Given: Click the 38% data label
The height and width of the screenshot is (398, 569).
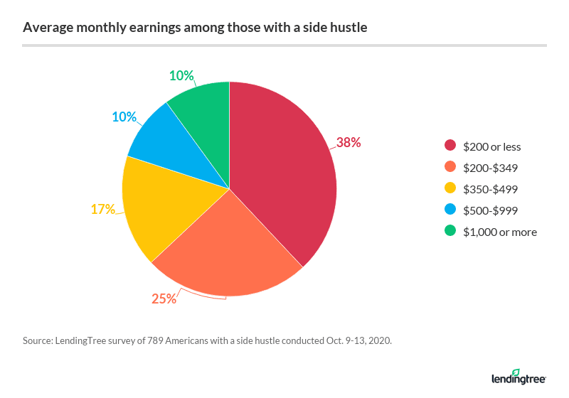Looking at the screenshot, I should (x=349, y=142).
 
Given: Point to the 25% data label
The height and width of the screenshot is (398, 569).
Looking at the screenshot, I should (x=164, y=298).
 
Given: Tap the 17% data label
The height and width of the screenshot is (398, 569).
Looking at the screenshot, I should (x=102, y=209).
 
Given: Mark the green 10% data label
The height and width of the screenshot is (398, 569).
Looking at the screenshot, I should (x=181, y=75).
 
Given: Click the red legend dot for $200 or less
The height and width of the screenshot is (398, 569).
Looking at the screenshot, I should (x=450, y=147).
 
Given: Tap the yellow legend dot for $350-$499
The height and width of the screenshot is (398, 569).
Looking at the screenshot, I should (x=450, y=190).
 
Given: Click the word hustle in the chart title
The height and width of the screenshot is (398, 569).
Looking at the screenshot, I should (x=349, y=28).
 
